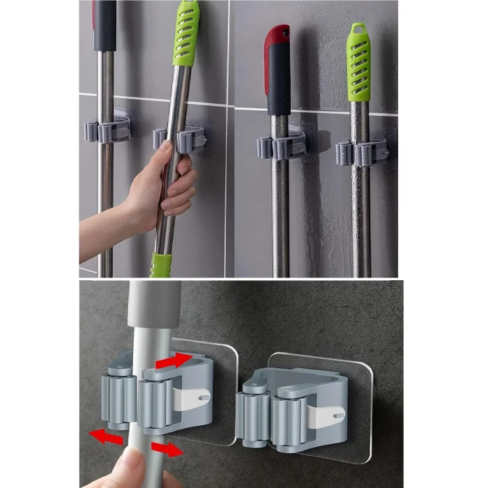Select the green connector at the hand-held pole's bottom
click(161, 266)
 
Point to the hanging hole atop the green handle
click(359, 30)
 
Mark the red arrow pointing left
click(105, 436)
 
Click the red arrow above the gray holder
click(174, 361)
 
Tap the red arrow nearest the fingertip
click(167, 448)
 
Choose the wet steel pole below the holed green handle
click(360, 216)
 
